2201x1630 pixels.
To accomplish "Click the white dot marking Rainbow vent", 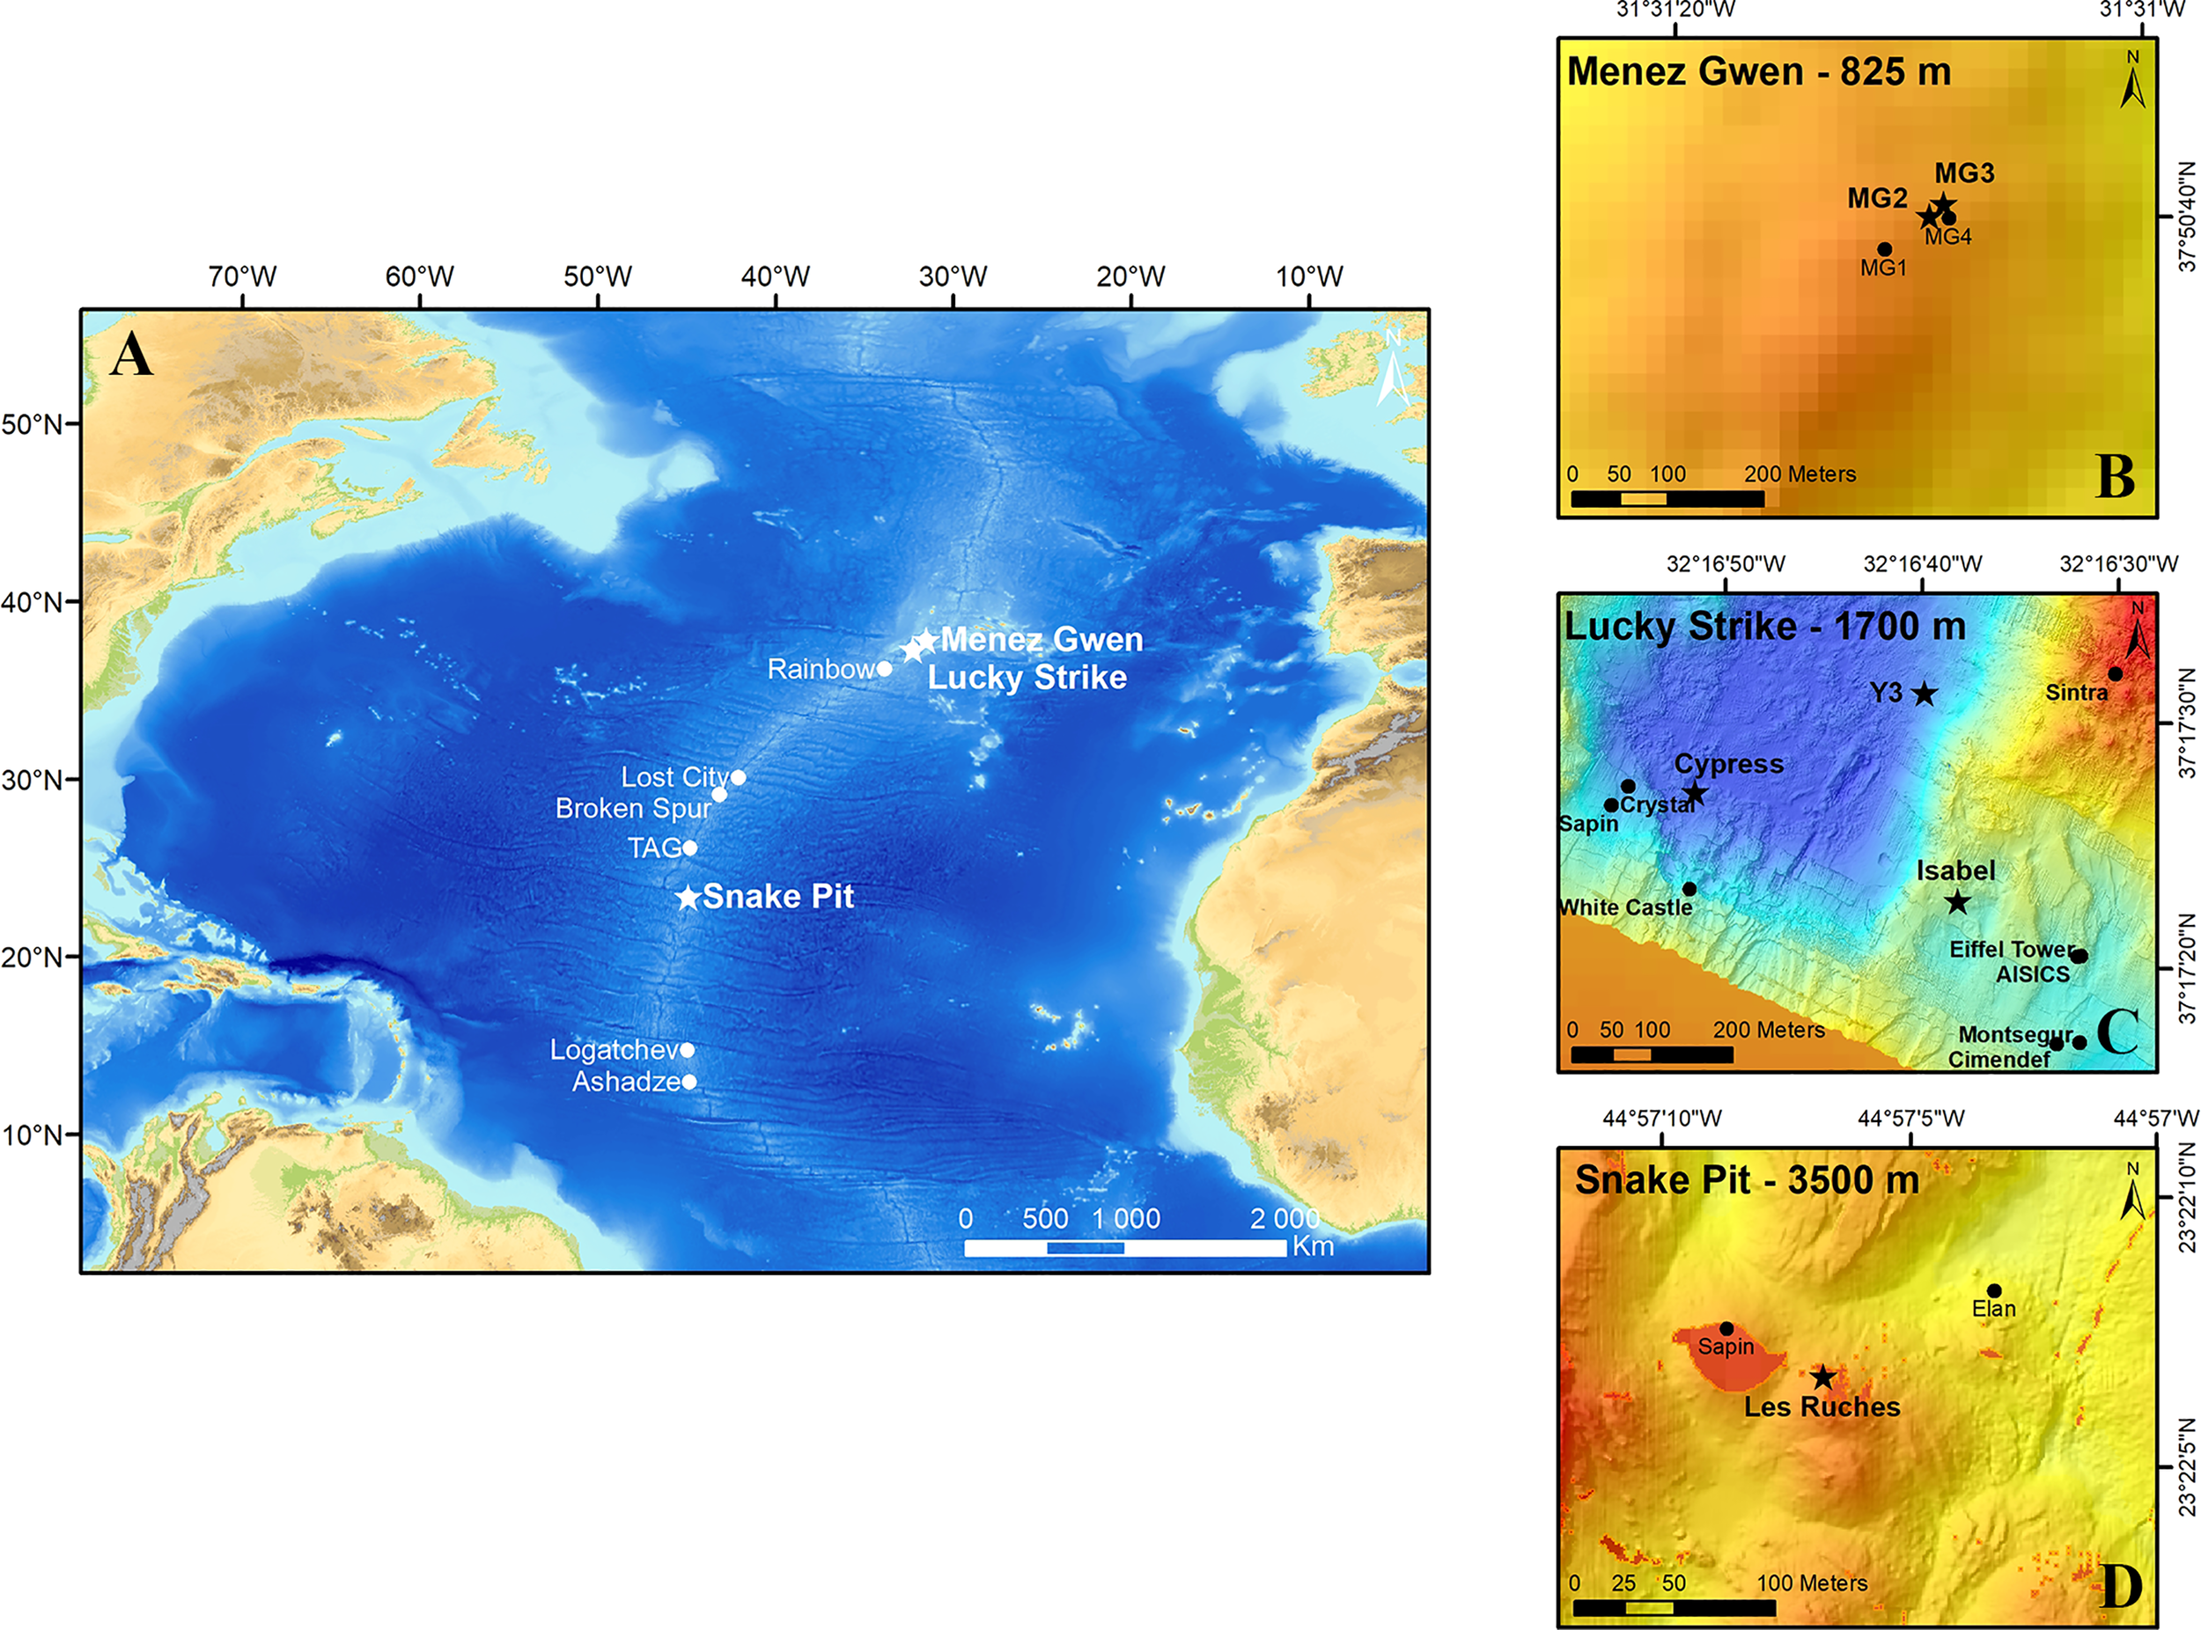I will pyautogui.click(x=884, y=669).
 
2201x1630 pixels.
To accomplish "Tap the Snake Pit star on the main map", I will pyautogui.click(x=688, y=898).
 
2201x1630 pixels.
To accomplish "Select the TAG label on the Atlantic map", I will pyautogui.click(x=654, y=848).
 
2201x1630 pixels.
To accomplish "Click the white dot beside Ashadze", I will pyautogui.click(x=689, y=1083).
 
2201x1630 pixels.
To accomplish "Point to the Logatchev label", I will pyautogui.click(x=614, y=1050).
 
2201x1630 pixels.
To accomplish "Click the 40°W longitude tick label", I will pyautogui.click(x=775, y=276).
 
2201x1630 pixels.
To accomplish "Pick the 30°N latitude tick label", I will pyautogui.click(x=33, y=780).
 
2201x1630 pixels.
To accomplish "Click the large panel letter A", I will pyautogui.click(x=131, y=356).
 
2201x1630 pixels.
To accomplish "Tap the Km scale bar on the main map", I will pyautogui.click(x=1124, y=1248).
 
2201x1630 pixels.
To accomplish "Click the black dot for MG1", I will pyautogui.click(x=1884, y=250).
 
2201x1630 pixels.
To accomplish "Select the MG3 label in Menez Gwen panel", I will pyautogui.click(x=1964, y=173).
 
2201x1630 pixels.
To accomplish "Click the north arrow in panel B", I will pyautogui.click(x=2133, y=81).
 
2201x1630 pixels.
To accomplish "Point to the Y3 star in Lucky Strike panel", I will pyautogui.click(x=1924, y=694).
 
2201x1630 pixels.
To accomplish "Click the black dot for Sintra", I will pyautogui.click(x=2115, y=674).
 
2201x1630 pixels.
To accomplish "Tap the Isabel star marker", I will pyautogui.click(x=1957, y=901).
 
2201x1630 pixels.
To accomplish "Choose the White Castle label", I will pyautogui.click(x=1624, y=907).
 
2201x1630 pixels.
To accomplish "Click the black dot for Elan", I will pyautogui.click(x=1994, y=1290).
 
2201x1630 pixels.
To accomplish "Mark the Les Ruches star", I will pyautogui.click(x=1823, y=1377).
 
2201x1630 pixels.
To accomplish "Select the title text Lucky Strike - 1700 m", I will pyautogui.click(x=1764, y=628).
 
